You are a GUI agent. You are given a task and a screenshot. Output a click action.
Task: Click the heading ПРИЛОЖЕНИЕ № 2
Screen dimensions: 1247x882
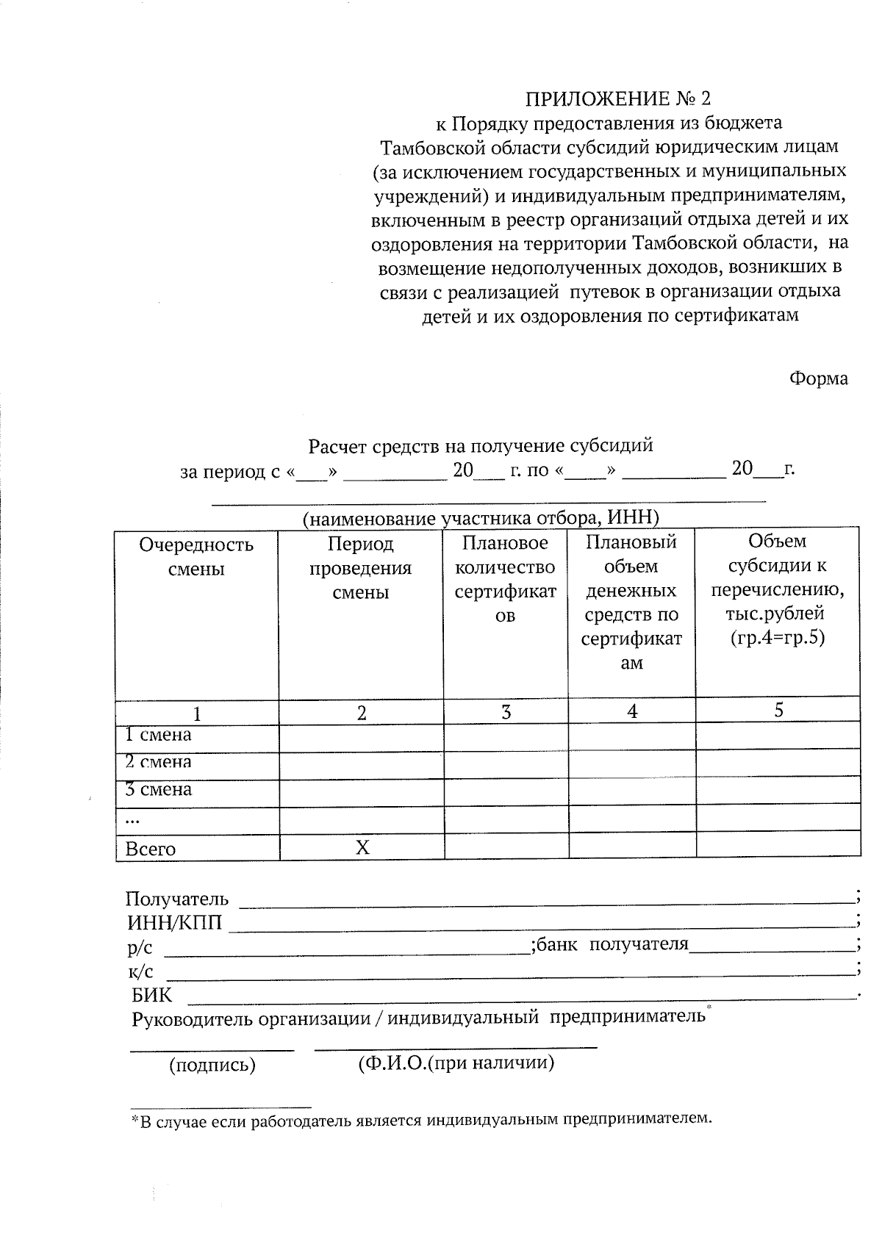618,98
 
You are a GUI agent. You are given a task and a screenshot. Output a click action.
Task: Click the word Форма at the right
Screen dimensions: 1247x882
818,378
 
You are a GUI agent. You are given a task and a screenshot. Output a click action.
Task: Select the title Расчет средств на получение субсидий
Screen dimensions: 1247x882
481,445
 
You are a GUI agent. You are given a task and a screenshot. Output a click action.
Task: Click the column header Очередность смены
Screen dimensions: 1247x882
196,556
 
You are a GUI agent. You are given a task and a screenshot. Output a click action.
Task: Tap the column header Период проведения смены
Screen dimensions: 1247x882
360,568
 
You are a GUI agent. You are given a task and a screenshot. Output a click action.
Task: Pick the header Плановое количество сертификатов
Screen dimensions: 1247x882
506,579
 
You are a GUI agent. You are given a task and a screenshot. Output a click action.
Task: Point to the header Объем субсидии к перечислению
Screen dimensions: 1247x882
778,589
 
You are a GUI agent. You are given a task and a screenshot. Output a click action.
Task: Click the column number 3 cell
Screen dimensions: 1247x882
506,712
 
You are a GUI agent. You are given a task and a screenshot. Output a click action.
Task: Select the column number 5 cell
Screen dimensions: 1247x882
778,710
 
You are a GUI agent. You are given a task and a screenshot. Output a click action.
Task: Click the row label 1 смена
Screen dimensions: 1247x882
158,735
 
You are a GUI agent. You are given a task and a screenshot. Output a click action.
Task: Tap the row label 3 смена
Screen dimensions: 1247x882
158,790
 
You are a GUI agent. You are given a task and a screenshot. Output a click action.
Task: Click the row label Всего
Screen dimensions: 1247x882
151,849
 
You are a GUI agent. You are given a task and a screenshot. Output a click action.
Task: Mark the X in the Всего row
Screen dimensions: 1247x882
362,848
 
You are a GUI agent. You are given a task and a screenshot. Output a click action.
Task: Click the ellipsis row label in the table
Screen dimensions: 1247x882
133,819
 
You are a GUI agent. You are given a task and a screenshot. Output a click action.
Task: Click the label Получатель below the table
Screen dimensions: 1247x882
177,899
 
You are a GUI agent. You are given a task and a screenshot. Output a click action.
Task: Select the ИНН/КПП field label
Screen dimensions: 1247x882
174,922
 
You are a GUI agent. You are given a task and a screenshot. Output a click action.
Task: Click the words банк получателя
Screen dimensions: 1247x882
612,944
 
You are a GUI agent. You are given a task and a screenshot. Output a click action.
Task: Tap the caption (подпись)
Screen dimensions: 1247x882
212,1065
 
